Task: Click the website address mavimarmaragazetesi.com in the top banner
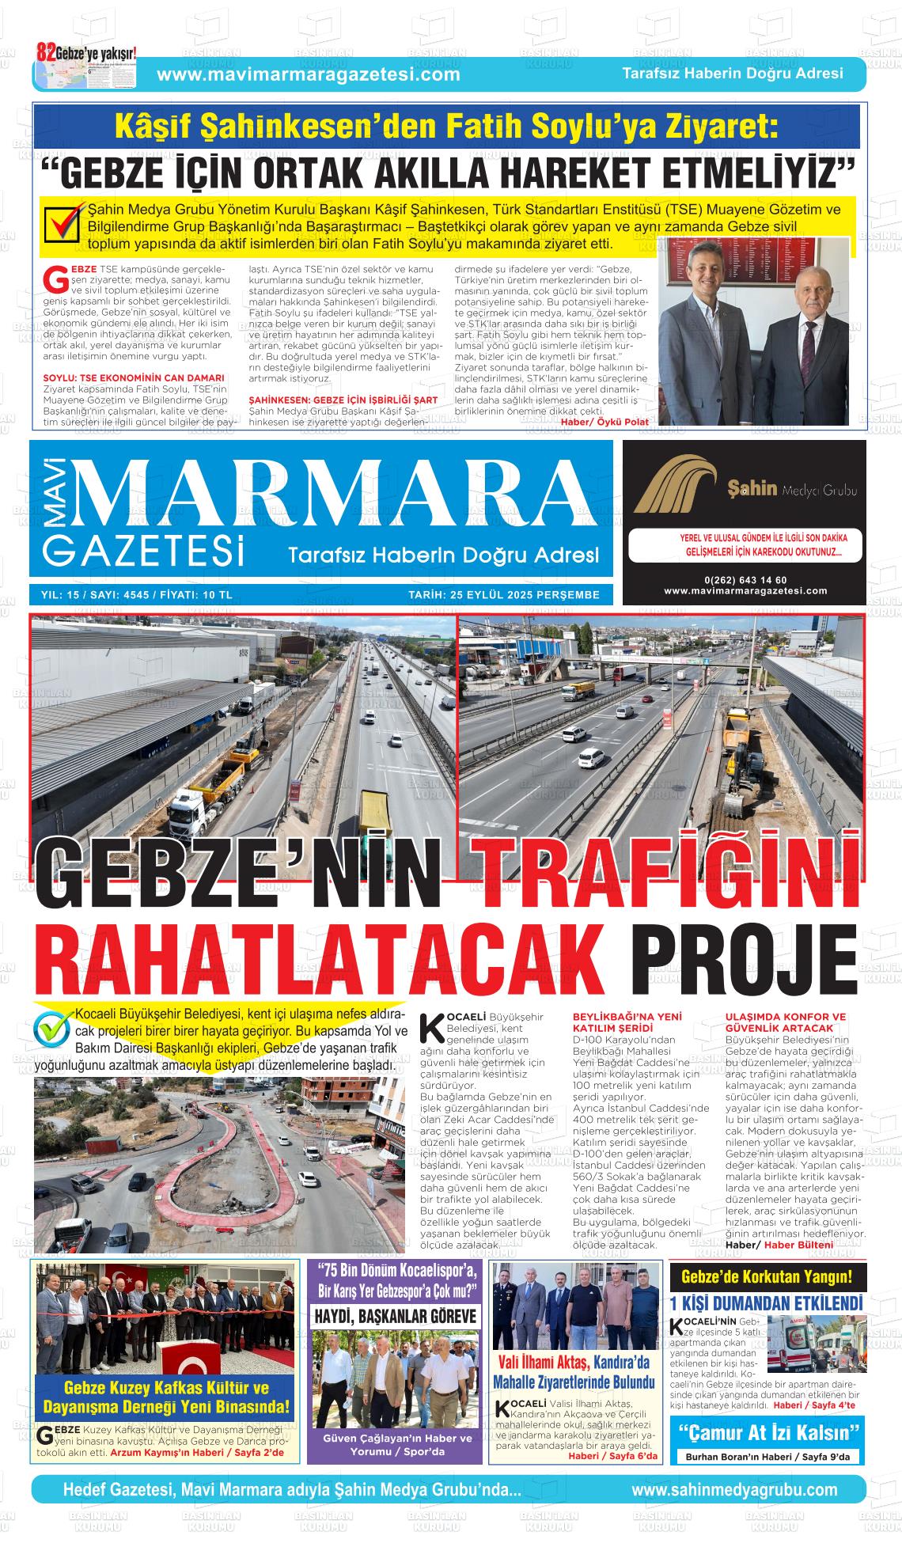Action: (309, 74)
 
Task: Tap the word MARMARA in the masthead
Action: (340, 494)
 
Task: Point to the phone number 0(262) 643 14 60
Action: (745, 580)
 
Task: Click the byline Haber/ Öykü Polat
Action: (604, 422)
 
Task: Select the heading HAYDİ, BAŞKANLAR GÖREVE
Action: (396, 1316)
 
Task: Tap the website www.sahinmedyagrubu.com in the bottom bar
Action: (734, 1490)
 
